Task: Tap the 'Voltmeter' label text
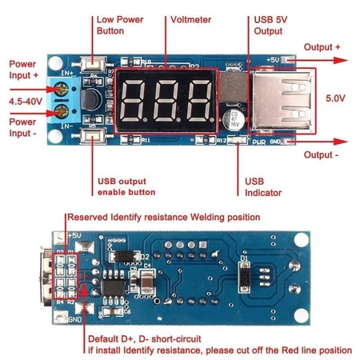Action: coord(191,18)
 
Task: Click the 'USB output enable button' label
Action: coord(126,186)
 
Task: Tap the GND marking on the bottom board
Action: coord(74,319)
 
